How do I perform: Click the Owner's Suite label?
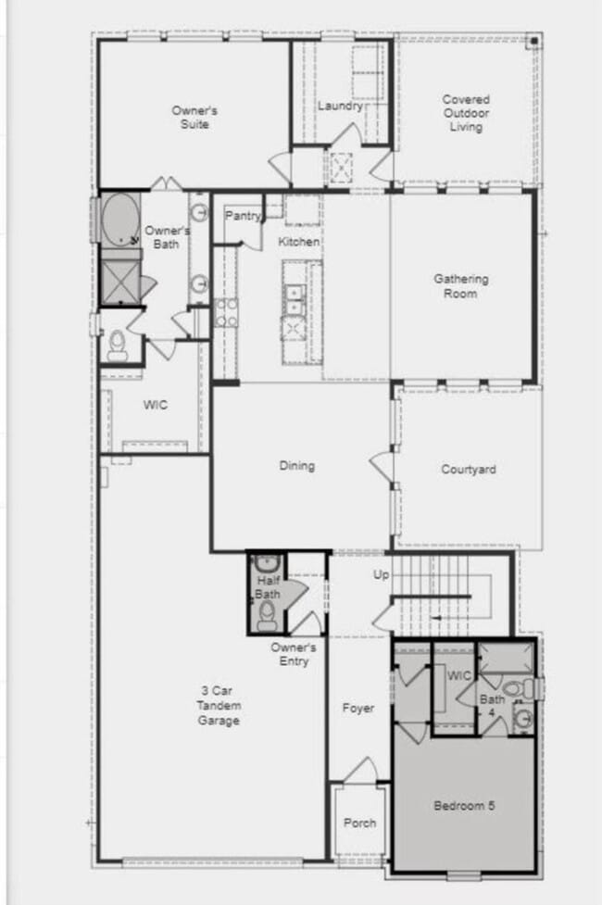tap(194, 118)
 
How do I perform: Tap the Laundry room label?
tap(340, 106)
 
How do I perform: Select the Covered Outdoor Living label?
tap(466, 113)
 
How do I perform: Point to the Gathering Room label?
tap(460, 285)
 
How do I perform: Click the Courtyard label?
tap(468, 470)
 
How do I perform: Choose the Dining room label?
tap(296, 466)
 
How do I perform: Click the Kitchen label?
tap(299, 242)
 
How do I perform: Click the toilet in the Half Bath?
tap(267, 612)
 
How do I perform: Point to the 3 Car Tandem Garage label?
tap(219, 705)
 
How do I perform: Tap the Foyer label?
tap(357, 709)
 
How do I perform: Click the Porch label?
tap(359, 823)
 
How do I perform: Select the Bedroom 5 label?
tap(464, 806)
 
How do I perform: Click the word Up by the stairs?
tap(381, 575)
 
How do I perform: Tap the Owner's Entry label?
tap(294, 654)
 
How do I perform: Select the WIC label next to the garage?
tap(155, 405)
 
